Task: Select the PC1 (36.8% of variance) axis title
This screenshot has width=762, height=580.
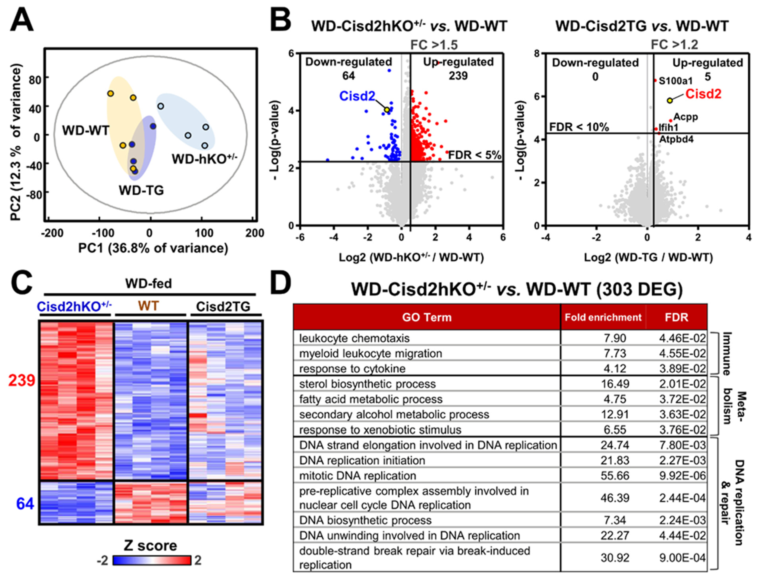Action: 153,248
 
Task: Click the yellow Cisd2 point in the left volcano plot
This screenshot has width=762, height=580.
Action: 387,109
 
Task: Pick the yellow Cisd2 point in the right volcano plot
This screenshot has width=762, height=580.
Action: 670,100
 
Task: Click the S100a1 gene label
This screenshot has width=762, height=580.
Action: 675,81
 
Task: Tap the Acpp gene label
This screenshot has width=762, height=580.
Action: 686,117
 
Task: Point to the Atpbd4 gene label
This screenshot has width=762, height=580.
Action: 676,139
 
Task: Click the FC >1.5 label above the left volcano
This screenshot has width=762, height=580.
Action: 434,45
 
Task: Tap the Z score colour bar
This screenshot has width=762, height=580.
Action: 152,560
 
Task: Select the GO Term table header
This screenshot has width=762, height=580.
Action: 427,317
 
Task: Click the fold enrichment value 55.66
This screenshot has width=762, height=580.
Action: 615,476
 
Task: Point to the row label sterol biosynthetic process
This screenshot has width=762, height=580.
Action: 367,384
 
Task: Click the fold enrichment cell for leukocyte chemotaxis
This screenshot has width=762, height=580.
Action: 615,338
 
